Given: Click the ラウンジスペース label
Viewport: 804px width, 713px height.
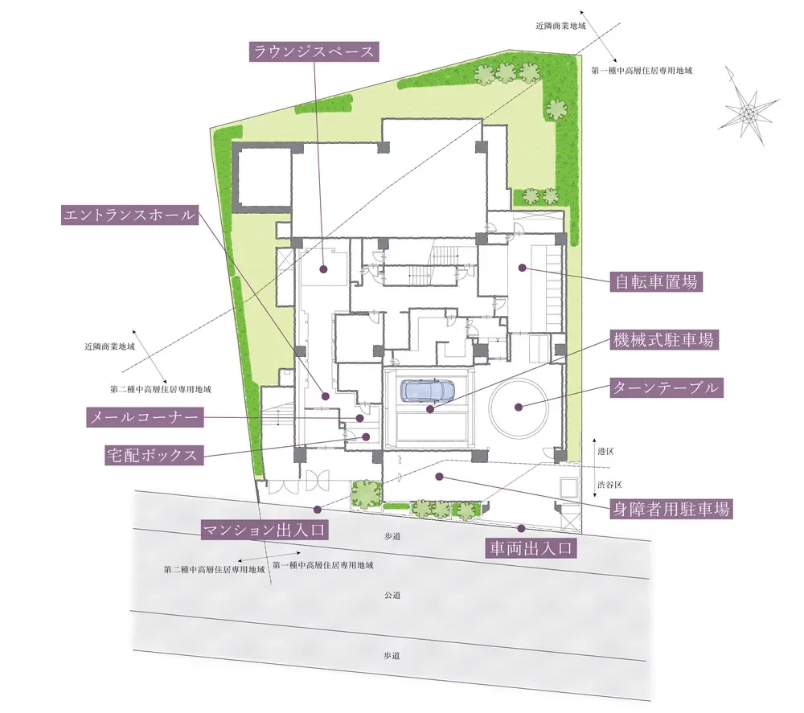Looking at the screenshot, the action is tap(314, 51).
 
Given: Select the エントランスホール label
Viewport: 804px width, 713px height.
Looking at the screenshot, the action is tap(129, 215).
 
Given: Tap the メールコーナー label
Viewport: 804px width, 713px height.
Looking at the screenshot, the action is tap(145, 418).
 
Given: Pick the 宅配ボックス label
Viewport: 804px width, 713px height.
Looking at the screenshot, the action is tap(154, 455).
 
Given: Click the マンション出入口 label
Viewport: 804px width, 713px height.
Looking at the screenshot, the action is tap(265, 530).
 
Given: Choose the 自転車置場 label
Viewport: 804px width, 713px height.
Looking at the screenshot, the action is tap(656, 282).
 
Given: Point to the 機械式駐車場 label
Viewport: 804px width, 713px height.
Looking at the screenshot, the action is tap(665, 339).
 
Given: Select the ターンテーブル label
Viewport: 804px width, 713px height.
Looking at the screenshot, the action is tap(667, 387).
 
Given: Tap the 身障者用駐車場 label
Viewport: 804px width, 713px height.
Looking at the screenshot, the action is tap(671, 509).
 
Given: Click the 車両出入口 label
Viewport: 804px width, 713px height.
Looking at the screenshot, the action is tap(531, 548).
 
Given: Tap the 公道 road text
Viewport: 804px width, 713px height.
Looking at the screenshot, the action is tap(392, 596).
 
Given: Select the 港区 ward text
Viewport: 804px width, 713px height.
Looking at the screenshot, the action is tap(605, 452).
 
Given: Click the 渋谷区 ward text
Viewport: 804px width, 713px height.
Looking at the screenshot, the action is tap(609, 485).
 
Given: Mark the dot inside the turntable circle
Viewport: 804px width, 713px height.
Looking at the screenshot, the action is tap(519, 408).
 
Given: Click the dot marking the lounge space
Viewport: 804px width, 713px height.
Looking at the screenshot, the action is tap(323, 269).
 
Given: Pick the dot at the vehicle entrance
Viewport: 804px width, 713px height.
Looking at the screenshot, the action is tap(522, 528).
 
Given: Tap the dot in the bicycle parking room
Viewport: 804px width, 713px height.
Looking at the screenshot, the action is tap(522, 267).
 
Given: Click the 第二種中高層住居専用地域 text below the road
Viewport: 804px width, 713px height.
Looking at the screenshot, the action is tap(215, 569).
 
